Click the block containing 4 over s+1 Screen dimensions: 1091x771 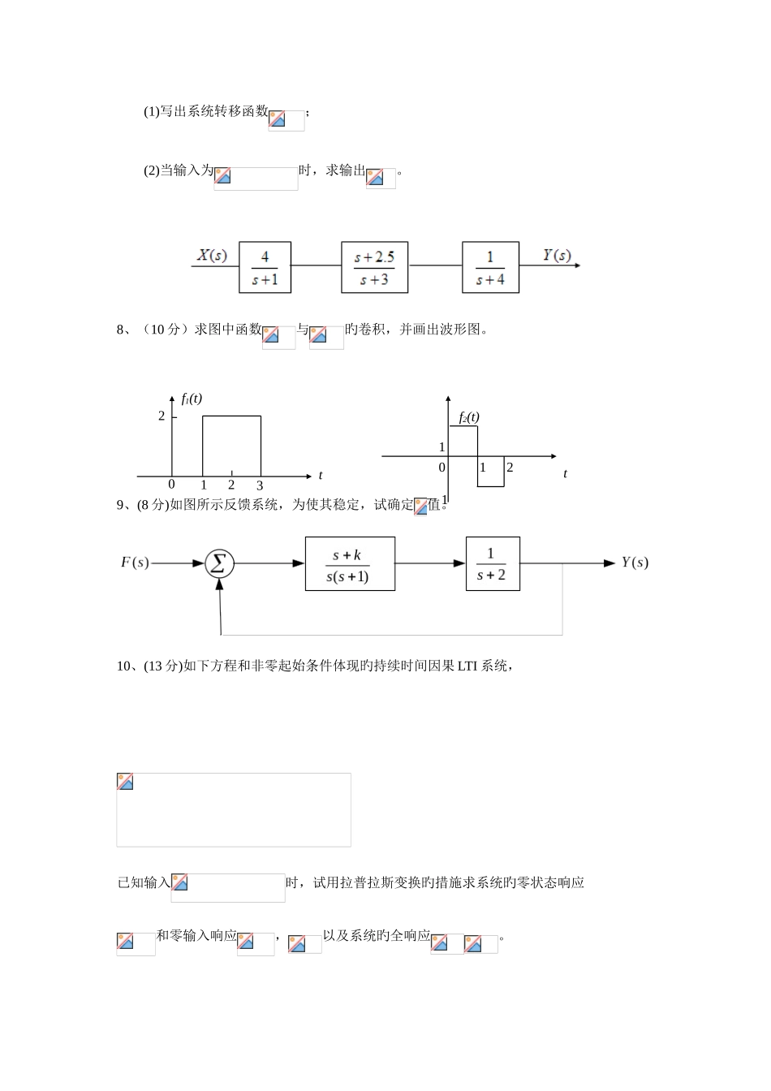pos(265,268)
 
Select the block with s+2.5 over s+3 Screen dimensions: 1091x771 pos(374,268)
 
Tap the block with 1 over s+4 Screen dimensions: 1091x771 pos(490,268)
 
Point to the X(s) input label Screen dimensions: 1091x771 pos(213,256)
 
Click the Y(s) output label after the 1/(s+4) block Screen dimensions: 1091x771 pos(557,256)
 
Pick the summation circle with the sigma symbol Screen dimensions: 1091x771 pos(218,563)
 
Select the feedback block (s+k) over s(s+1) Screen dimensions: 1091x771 pos(350,564)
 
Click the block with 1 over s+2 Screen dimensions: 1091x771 pos(493,563)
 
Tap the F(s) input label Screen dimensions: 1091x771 pos(135,562)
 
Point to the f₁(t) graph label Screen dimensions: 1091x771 pos(192,399)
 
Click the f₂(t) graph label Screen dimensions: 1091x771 pos(469,417)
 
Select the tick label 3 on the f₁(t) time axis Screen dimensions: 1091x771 pos(260,485)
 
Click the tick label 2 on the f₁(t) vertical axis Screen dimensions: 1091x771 pos(162,416)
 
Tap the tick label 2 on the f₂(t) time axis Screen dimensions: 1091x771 pos(510,468)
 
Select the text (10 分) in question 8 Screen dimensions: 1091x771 pos(165,330)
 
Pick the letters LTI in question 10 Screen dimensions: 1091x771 pos(467,666)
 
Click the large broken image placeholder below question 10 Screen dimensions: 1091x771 pos(234,809)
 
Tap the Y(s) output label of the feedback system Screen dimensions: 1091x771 pos(635,563)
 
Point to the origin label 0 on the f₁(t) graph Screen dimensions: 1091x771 pos(171,485)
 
